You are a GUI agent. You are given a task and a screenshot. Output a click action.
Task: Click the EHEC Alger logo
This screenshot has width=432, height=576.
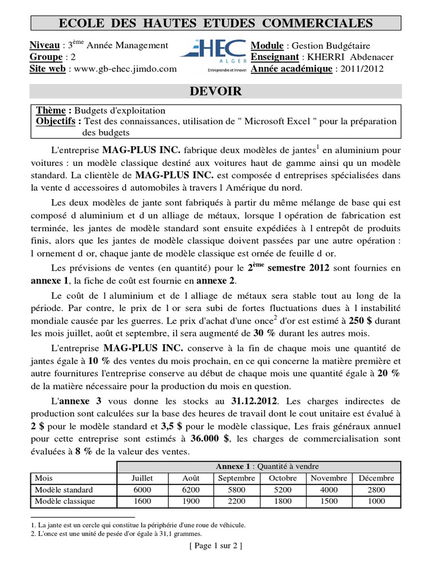pyautogui.click(x=213, y=56)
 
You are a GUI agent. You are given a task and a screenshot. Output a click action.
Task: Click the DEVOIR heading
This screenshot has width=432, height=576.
pyautogui.click(x=216, y=92)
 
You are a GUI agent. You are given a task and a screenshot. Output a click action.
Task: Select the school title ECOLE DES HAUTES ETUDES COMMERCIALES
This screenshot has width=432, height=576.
pyautogui.click(x=216, y=23)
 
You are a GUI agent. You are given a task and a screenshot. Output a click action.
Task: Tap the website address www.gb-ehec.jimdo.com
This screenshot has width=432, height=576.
pyautogui.click(x=121, y=69)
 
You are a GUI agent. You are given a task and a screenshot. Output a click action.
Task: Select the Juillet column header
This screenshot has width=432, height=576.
pyautogui.click(x=141, y=478)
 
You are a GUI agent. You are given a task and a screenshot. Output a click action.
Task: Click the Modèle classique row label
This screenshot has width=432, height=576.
pyautogui.click(x=65, y=501)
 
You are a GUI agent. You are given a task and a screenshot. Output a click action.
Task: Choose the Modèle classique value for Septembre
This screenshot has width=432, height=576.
pyautogui.click(x=235, y=501)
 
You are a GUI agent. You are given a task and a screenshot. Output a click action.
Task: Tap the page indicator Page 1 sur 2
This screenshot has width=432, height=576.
pyautogui.click(x=215, y=546)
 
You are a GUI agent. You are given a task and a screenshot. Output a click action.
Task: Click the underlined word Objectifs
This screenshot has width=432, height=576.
pyautogui.click(x=56, y=121)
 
